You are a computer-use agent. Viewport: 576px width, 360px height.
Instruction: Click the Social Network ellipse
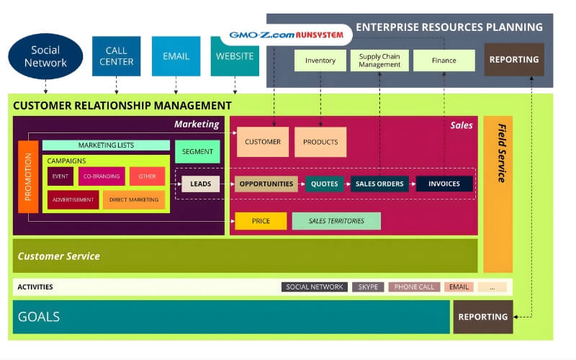(x=45, y=57)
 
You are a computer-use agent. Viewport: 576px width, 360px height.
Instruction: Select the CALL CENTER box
(x=116, y=56)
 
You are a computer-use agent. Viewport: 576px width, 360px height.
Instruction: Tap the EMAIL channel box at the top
(x=176, y=56)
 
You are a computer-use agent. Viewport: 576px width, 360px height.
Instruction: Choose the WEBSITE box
(x=235, y=56)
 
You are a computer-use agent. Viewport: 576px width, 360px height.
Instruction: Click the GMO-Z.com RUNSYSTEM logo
(x=290, y=35)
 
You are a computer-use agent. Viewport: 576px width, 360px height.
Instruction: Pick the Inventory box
(x=320, y=60)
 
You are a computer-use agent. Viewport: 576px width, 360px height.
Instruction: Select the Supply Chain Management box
(x=379, y=60)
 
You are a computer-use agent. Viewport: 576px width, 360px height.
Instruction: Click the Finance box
(x=444, y=60)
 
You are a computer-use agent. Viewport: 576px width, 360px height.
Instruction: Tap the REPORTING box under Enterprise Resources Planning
(x=514, y=60)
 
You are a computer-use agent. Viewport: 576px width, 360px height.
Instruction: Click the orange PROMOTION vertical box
(x=28, y=177)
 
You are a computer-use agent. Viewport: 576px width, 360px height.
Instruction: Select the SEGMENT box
(x=197, y=152)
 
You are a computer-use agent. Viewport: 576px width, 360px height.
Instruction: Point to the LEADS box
(x=200, y=184)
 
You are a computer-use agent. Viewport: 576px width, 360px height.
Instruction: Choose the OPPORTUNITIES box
(x=266, y=184)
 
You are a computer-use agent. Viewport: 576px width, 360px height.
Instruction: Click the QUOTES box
(x=324, y=184)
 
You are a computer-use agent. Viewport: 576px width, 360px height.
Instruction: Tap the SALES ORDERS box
(x=379, y=184)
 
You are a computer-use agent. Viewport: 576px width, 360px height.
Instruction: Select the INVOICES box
(x=444, y=184)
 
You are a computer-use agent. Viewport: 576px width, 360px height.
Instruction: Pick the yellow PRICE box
(x=261, y=221)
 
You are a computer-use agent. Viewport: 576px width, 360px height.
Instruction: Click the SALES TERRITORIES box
(x=336, y=221)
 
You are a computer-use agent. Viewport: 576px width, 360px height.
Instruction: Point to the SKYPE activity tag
(x=368, y=287)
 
